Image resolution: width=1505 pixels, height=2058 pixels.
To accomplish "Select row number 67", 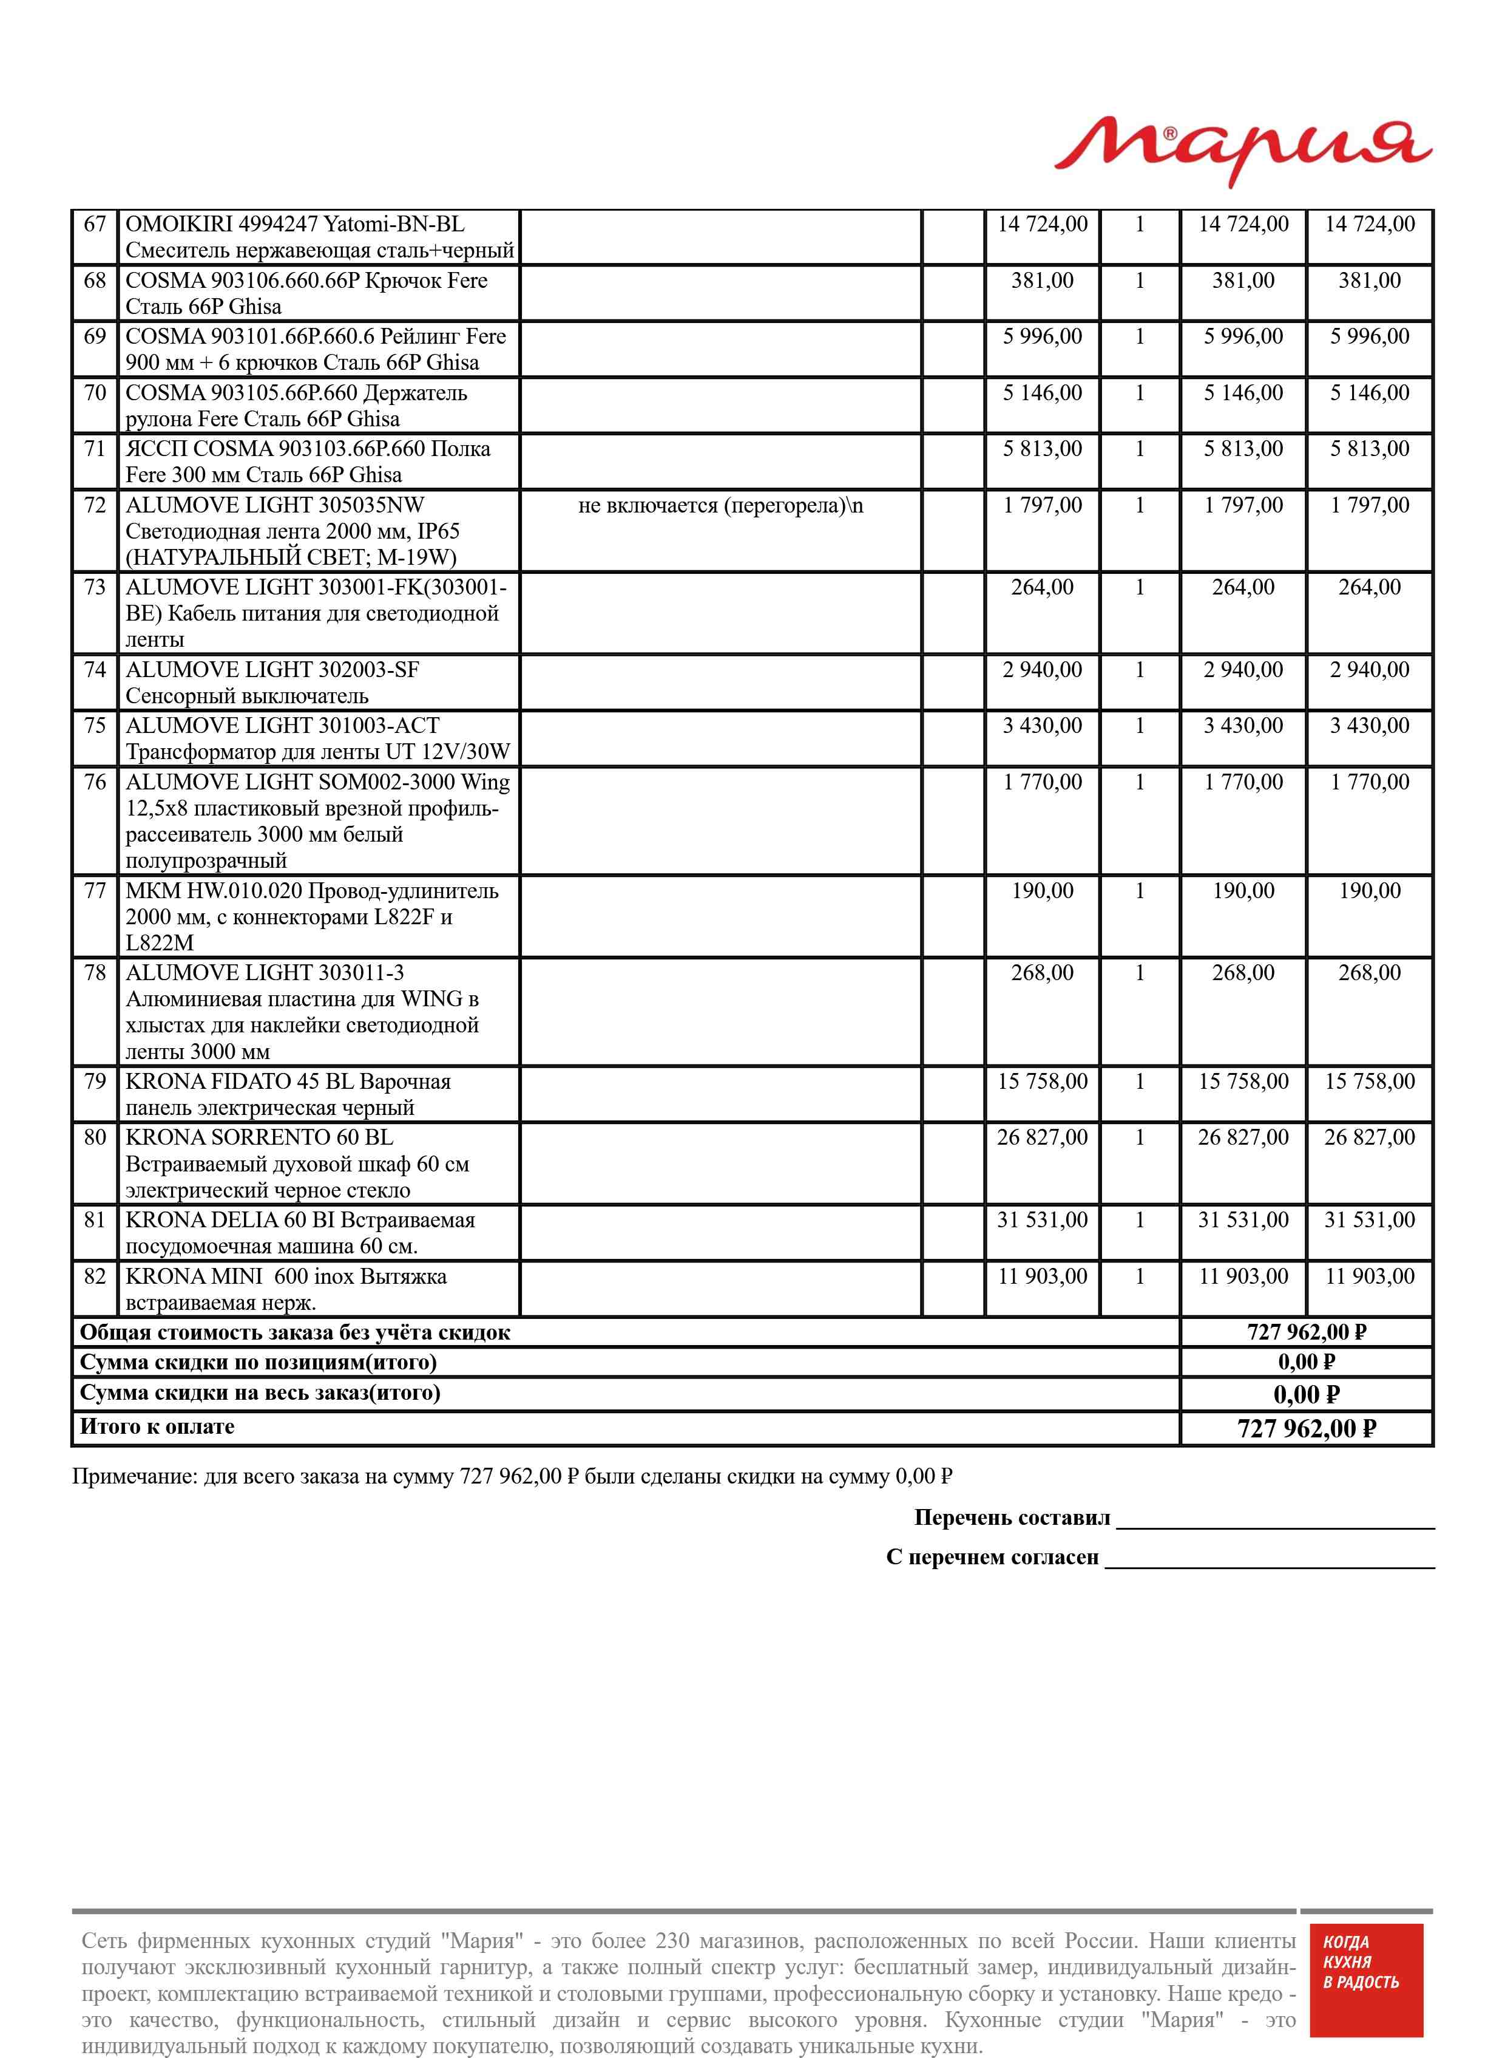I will point(95,224).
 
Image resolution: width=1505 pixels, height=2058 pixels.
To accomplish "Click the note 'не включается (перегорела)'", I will point(720,506).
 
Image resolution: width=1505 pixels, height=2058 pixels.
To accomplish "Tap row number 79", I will point(95,1082).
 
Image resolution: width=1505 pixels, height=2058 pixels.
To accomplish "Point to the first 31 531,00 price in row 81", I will point(1041,1221).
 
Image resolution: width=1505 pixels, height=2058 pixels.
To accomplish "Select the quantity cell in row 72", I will point(1139,506).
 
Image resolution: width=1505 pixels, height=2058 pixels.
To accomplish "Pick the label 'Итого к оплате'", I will point(157,1427).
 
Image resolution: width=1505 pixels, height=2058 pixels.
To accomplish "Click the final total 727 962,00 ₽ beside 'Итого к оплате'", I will point(1305,1428).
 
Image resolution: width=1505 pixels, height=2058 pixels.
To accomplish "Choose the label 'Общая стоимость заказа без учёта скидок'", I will point(295,1332).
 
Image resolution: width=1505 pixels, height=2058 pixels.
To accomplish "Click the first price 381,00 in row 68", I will point(1041,281).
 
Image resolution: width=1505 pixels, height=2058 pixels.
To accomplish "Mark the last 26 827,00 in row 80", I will point(1369,1137).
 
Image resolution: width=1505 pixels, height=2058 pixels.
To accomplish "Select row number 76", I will point(95,783).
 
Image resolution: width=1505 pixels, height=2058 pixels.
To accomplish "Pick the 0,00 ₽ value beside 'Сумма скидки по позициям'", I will point(1305,1363).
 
